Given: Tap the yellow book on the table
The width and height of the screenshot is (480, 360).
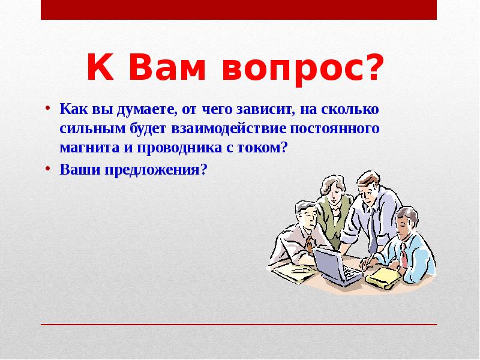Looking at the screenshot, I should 382,275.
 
